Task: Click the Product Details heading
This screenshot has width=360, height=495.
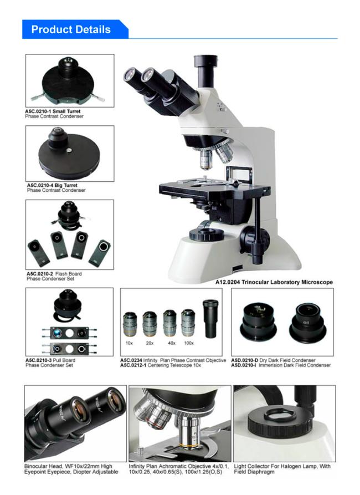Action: (x=71, y=29)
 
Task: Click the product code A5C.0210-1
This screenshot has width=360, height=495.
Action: (x=38, y=111)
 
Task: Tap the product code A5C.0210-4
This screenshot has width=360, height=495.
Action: (x=40, y=185)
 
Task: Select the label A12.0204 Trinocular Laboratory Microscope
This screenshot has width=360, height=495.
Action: (x=274, y=282)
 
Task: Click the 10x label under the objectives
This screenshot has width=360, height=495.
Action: (x=130, y=343)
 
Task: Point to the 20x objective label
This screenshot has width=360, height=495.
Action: (x=150, y=343)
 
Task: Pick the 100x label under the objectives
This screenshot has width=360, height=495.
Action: (x=189, y=343)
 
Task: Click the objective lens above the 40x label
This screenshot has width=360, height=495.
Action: (x=169, y=323)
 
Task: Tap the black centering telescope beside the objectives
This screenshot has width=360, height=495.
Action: (x=210, y=318)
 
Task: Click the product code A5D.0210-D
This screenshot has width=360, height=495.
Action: (x=244, y=360)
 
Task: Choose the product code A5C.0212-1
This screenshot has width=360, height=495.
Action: (x=133, y=365)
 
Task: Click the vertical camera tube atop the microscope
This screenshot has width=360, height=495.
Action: (x=205, y=73)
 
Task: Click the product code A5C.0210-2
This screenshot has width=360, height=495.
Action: (x=39, y=274)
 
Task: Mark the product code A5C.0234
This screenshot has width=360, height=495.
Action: (x=131, y=360)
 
